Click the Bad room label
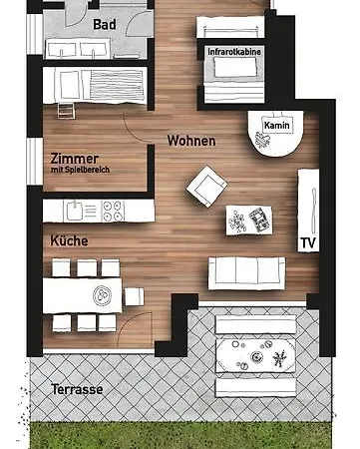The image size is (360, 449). click(104, 23)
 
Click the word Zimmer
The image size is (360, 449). click(73, 158)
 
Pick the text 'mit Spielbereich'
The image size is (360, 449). click(80, 171)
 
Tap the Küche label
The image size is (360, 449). click(70, 240)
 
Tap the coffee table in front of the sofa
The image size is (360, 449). click(247, 219)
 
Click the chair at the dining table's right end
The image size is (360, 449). click(134, 295)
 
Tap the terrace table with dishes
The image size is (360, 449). click(254, 353)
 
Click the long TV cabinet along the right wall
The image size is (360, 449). click(308, 211)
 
